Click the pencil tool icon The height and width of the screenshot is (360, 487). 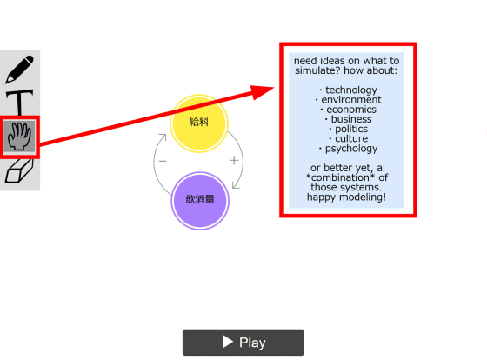[19, 70]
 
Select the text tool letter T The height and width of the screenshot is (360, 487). [19, 102]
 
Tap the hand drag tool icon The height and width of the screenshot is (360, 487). [19, 137]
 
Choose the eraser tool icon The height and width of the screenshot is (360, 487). [19, 170]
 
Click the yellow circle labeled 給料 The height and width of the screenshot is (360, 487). [199, 123]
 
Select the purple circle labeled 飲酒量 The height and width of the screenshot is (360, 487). [200, 201]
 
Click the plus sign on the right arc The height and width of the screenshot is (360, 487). [234, 161]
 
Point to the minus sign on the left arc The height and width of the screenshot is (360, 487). [163, 161]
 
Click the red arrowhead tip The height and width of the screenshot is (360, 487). [274, 88]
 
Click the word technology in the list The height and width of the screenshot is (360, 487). [351, 90]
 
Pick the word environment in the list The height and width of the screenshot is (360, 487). [351, 100]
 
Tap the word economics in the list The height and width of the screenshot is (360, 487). [351, 110]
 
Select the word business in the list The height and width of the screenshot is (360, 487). [351, 119]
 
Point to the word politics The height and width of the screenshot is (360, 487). [351, 129]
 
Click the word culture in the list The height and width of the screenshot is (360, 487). [351, 138]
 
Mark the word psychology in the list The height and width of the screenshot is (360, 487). [351, 149]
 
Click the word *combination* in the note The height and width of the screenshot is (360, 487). [341, 177]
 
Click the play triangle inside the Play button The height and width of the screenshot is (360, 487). [228, 342]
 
